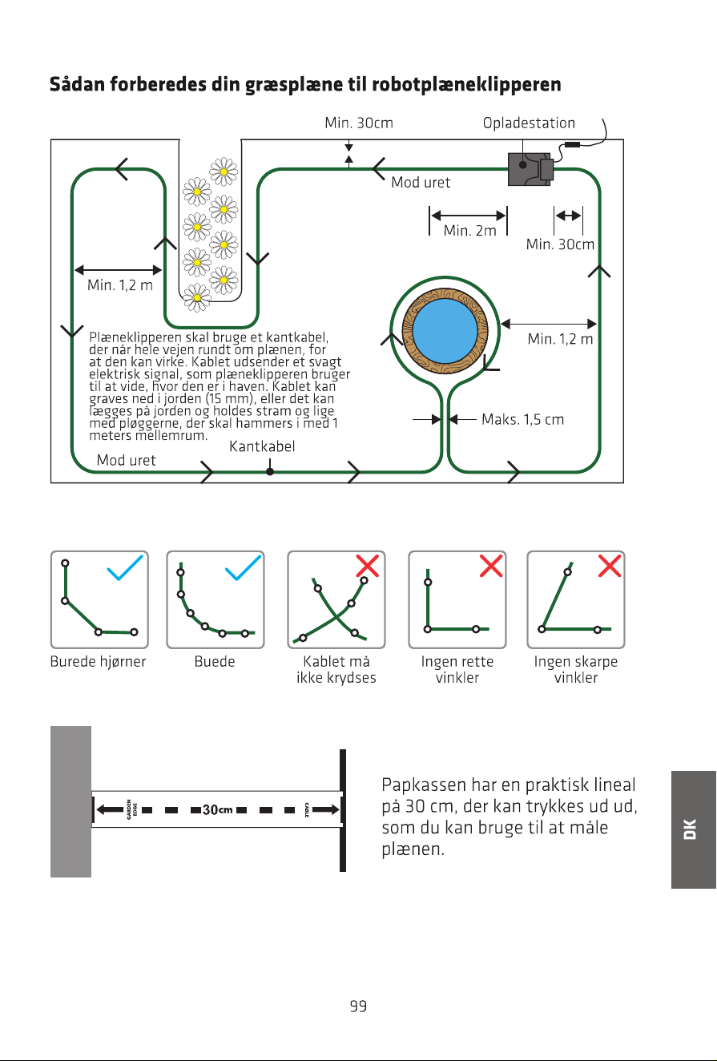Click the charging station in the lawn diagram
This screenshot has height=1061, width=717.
530,169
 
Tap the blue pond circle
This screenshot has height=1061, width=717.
445,331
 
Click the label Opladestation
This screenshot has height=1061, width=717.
529,123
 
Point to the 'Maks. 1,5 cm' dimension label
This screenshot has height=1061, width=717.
522,419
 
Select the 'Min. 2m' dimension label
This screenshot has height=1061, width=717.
469,231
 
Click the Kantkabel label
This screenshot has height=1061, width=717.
262,446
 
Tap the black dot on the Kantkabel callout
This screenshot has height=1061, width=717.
269,472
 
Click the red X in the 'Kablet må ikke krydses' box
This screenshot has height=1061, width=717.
368,566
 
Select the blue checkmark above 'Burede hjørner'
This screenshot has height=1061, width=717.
125,567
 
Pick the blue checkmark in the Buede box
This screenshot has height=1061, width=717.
243,567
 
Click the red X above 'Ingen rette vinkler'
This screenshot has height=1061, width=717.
491,566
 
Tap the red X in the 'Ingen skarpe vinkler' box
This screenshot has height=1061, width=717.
610,566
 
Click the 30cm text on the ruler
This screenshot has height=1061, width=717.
217,809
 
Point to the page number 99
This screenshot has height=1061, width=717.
359,1006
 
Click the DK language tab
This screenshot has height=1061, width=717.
693,829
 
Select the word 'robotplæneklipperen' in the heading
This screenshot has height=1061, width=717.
466,84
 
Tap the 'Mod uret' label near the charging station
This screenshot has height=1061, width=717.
421,183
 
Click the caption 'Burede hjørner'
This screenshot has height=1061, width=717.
98,661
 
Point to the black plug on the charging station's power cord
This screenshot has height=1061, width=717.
573,144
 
